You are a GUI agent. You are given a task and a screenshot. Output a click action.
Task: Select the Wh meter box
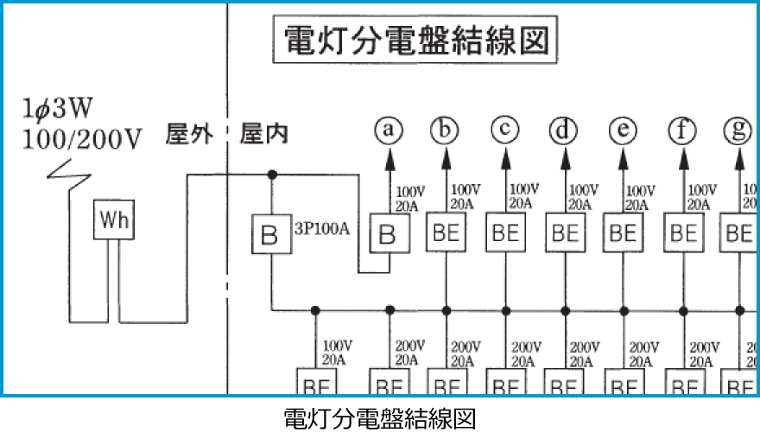click(x=114, y=221)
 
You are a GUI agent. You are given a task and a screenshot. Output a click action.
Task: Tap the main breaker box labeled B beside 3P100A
click(x=270, y=234)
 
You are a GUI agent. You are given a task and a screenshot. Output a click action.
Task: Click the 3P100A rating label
click(x=320, y=232)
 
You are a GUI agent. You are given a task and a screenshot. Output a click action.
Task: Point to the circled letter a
click(x=389, y=130)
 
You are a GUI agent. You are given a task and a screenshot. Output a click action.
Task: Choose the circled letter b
click(x=445, y=130)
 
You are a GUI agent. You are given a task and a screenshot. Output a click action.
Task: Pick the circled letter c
click(x=504, y=130)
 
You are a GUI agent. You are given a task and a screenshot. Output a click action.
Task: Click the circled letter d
click(x=564, y=130)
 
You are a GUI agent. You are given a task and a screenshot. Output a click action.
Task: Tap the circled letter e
click(x=623, y=130)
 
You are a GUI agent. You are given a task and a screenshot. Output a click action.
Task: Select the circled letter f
click(x=682, y=130)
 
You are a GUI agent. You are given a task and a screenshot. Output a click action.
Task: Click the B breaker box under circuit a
click(x=389, y=234)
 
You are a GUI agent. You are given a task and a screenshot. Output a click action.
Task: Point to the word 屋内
click(x=264, y=135)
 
